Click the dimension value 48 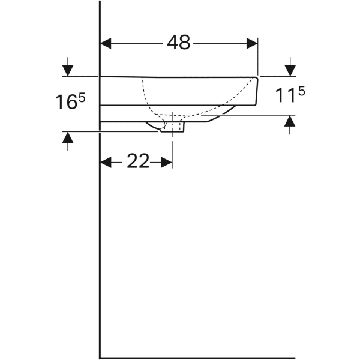(x=178, y=43)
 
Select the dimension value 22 (x=137, y=161)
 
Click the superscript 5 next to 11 (x=301, y=91)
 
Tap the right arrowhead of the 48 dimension (x=251, y=43)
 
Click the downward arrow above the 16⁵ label (x=68, y=69)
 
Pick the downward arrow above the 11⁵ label (x=290, y=69)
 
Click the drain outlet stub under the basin (x=178, y=127)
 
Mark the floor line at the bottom (x=198, y=358)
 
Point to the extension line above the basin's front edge (x=257, y=57)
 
